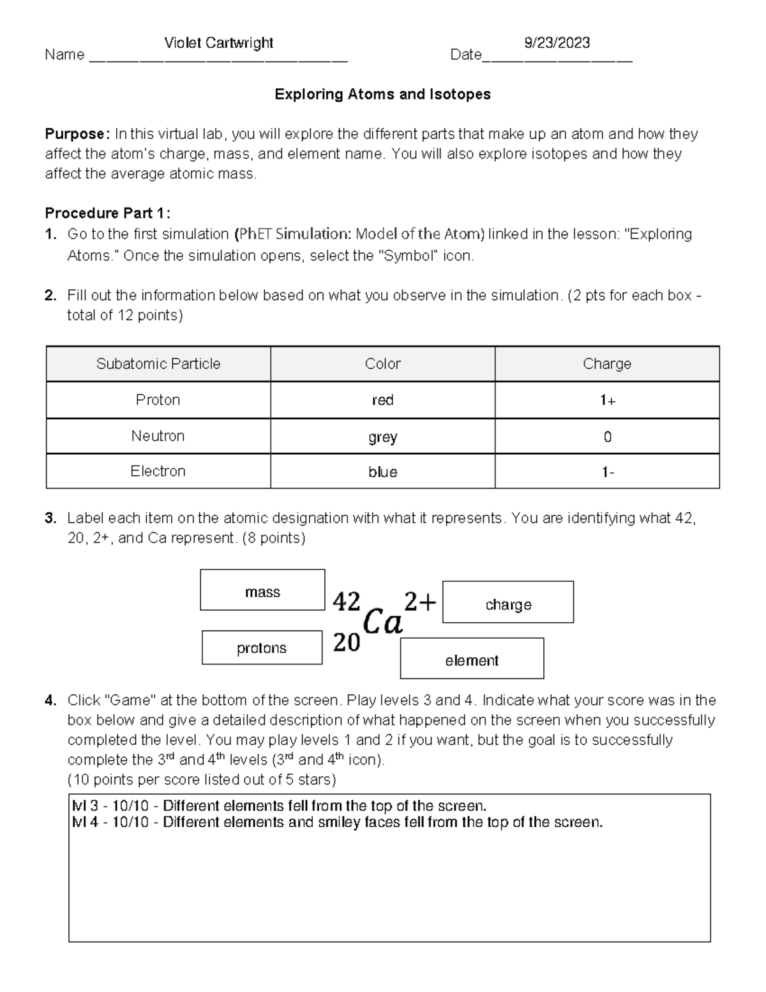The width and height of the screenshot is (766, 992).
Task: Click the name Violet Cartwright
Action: click(218, 43)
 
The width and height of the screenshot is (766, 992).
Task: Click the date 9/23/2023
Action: click(557, 43)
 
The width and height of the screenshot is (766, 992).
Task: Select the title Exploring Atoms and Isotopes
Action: click(382, 95)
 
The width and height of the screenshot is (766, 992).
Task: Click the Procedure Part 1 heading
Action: click(107, 213)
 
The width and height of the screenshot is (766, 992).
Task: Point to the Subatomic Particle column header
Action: click(158, 364)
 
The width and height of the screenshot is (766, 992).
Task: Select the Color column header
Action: click(382, 364)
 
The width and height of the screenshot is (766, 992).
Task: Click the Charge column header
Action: click(606, 364)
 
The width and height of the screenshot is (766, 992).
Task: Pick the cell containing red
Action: click(382, 401)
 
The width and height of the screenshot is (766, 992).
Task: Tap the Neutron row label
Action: click(158, 436)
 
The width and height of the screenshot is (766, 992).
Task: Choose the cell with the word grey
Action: click(382, 437)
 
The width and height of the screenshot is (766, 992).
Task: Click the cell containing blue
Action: click(382, 472)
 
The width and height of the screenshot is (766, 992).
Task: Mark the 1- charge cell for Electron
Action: click(607, 472)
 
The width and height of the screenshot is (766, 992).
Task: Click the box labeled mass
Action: click(262, 590)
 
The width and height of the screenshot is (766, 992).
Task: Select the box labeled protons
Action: click(262, 648)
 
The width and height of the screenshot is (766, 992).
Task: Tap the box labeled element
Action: click(472, 659)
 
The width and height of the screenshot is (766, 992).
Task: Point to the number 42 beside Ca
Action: click(347, 601)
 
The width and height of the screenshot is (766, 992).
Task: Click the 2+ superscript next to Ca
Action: click(420, 601)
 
